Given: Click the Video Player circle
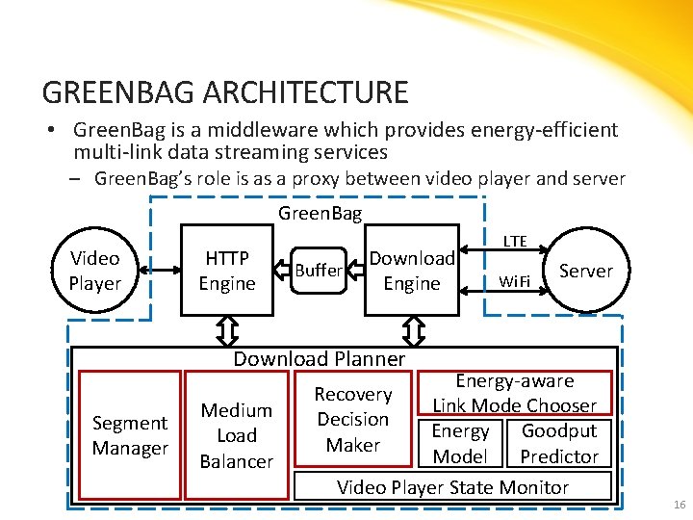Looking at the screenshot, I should [x=95, y=271].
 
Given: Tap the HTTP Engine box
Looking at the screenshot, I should [x=227, y=271].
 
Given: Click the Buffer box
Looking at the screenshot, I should [x=318, y=271].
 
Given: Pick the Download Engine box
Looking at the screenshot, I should [x=412, y=271].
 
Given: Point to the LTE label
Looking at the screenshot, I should [x=516, y=242].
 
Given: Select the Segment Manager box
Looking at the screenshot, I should [x=130, y=435].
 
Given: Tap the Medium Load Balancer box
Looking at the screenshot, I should [x=237, y=435].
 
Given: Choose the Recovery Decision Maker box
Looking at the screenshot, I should [x=353, y=420].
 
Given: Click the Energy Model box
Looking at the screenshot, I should [x=460, y=444].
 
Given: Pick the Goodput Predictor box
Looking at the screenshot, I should [x=559, y=444].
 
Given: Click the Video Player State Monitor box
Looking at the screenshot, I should [x=452, y=487].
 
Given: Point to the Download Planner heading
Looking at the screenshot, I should [x=320, y=359].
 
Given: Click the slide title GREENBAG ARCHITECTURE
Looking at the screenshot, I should [x=225, y=92].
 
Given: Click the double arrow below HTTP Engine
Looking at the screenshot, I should [x=228, y=331].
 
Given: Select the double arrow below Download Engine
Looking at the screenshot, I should [x=414, y=331].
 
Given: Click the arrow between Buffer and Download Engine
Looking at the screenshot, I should [x=355, y=271].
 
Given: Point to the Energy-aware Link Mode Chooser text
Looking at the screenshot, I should [x=514, y=394].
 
